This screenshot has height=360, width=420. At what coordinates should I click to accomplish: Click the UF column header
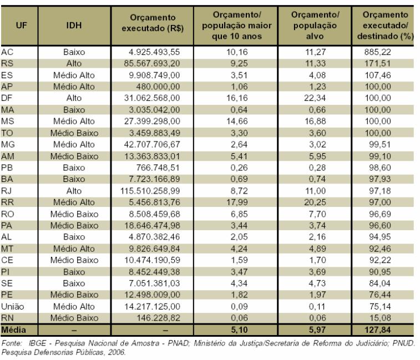pyautogui.click(x=21, y=26)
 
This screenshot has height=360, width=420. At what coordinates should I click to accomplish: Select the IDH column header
pyautogui.click(x=74, y=26)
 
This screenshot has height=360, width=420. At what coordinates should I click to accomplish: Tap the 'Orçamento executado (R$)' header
pyautogui.click(x=153, y=23)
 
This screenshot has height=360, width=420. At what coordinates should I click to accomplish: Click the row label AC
pyautogui.click(x=7, y=52)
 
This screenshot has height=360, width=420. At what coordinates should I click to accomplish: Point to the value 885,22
pyautogui.click(x=377, y=52)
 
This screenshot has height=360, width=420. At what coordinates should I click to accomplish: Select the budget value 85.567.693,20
pyautogui.click(x=152, y=63)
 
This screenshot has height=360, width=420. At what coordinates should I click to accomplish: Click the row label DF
pyautogui.click(x=7, y=98)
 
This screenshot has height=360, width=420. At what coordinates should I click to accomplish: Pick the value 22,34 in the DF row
pyautogui.click(x=315, y=98)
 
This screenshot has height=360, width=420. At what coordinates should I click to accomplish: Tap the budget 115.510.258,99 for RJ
pyautogui.click(x=150, y=191)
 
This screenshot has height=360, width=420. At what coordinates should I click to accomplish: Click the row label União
pyautogui.click(x=13, y=306)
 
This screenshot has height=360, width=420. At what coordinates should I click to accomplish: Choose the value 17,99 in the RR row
pyautogui.click(x=237, y=202)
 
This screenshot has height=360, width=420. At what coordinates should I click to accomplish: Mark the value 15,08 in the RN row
pyautogui.click(x=380, y=318)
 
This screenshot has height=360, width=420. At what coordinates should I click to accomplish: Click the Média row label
pyautogui.click(x=14, y=329)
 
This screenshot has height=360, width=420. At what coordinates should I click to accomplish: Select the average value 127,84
pyautogui.click(x=377, y=329)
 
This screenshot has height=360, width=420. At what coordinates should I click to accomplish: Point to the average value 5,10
pyautogui.click(x=239, y=329)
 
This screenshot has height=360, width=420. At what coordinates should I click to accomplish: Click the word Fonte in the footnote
pyautogui.click(x=12, y=343)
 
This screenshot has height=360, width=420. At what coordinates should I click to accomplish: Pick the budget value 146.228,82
pyautogui.click(x=158, y=318)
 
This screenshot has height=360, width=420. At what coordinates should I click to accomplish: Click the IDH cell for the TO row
pyautogui.click(x=74, y=133)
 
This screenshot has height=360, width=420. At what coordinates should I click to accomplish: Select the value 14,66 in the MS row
pyautogui.click(x=237, y=121)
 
